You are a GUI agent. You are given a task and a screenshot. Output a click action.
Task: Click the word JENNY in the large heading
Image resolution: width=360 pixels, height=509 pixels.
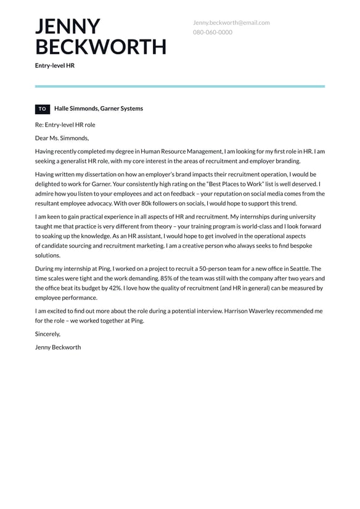(67, 27)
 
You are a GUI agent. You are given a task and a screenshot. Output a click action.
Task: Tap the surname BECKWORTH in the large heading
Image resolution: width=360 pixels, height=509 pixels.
(100, 47)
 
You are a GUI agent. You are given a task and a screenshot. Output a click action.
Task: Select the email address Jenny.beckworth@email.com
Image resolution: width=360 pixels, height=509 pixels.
(231, 23)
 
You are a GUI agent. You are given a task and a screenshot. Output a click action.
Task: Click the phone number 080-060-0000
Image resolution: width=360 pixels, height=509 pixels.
(213, 32)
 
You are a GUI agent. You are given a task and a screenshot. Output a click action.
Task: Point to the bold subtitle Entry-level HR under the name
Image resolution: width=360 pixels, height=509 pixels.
(54, 65)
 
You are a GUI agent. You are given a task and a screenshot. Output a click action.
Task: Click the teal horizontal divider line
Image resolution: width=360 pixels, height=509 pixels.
(179, 86)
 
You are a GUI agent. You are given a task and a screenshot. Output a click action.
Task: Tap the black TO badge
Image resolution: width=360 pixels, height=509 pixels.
(43, 109)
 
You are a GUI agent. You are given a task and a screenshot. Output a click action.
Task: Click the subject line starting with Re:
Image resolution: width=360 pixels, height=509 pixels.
(65, 125)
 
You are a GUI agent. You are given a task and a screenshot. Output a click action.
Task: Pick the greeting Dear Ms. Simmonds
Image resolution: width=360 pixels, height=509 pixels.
(62, 138)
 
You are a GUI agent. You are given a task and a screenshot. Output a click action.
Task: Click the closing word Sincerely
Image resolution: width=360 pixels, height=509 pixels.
(47, 334)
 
